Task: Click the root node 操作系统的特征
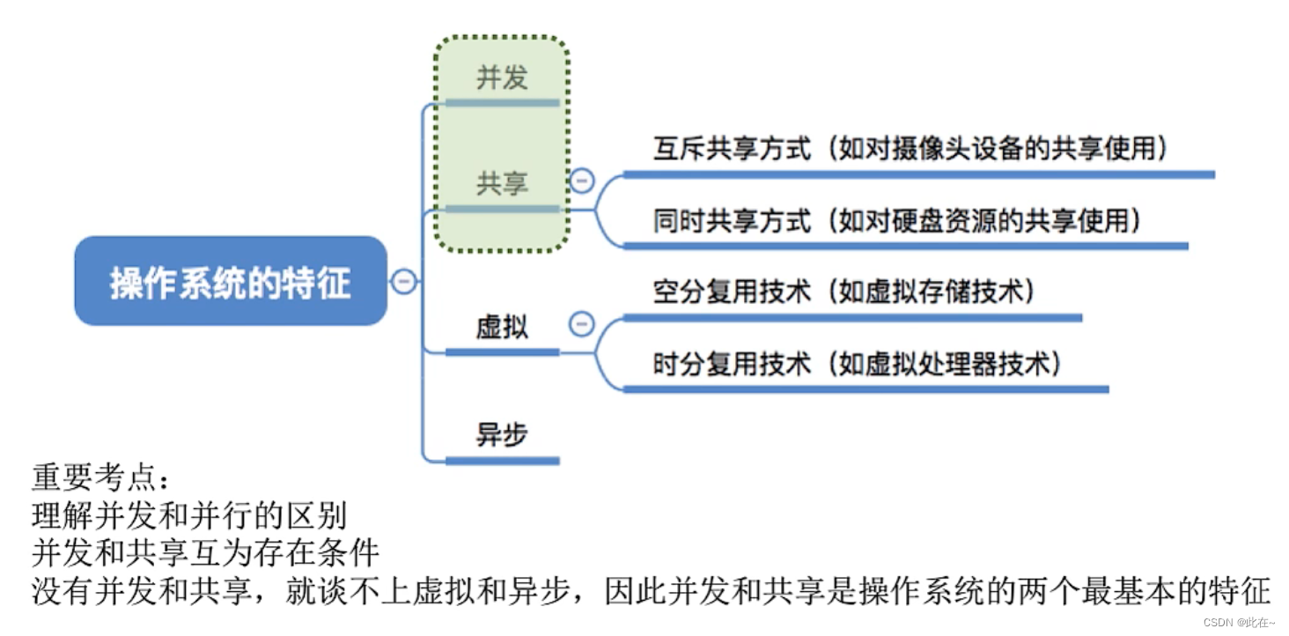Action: pos(231,282)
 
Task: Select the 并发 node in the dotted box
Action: pos(502,78)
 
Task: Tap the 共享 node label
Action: pos(502,183)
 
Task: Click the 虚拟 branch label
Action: pos(502,328)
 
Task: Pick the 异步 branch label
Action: pos(502,434)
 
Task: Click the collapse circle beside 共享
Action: pos(582,181)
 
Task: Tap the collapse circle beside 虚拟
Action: pos(581,324)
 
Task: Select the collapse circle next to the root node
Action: pos(403,282)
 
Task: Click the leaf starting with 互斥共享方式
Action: pos(910,149)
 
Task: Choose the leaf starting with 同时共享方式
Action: pos(897,220)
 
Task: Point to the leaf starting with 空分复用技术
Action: pos(843,292)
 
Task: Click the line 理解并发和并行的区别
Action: pos(188,515)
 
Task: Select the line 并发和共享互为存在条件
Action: pos(205,553)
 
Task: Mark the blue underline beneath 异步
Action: pos(502,460)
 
